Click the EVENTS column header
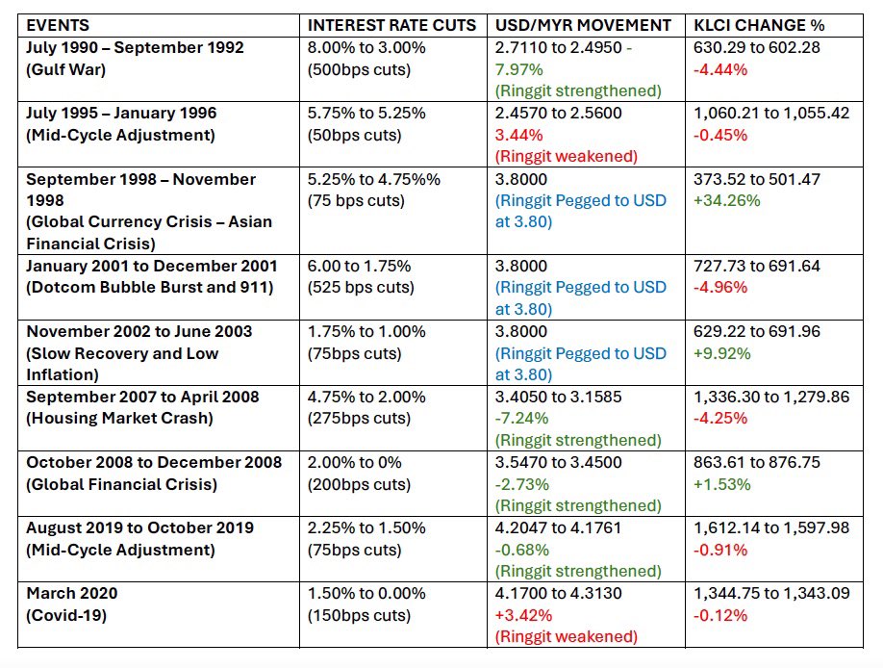(x=59, y=25)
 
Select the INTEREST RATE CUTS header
(x=391, y=25)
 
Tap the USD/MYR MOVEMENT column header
(x=582, y=25)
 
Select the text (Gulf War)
(x=65, y=69)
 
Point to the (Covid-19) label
(x=65, y=616)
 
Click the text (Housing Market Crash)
(x=119, y=419)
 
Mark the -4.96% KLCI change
(x=720, y=288)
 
